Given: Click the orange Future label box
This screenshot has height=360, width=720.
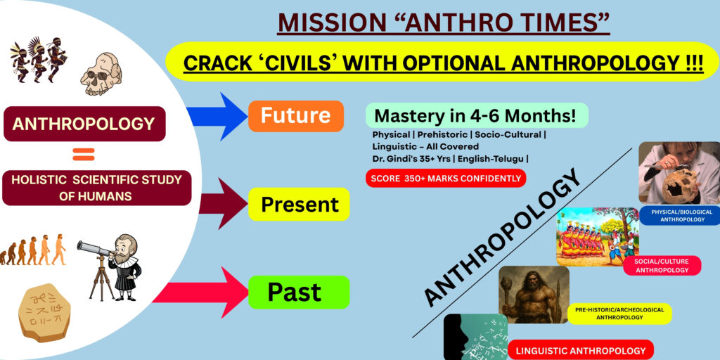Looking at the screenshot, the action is pos(296,116).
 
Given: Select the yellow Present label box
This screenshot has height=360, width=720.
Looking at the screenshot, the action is pos(299,204).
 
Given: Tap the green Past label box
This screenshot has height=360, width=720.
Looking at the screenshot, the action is pos(299,292).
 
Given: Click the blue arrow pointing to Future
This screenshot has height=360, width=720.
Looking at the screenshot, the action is pos(217,116).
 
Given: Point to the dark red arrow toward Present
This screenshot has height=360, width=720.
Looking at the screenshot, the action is pos(223,203).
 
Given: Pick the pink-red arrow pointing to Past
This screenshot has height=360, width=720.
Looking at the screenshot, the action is pos(200,292).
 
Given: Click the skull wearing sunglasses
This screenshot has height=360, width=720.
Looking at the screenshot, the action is pos(101,73).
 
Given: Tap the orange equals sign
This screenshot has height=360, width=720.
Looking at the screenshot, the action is pos(84,154).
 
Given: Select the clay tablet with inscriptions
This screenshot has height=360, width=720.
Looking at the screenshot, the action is pos(44,312).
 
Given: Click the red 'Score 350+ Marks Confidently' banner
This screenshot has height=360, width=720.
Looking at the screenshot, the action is pos(445,178).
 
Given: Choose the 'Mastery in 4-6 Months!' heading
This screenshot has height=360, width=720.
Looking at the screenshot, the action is pos(477,115).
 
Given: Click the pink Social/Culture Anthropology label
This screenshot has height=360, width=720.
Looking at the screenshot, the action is pos(662,265).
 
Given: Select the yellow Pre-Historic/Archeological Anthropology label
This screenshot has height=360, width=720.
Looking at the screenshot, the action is pos(619,313).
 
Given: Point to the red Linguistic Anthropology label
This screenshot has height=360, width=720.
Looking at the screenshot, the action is pos(580,350).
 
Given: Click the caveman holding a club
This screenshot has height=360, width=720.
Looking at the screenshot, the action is pos(534,295).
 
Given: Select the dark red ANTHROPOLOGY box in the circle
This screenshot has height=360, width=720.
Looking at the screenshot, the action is pos(84,124).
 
